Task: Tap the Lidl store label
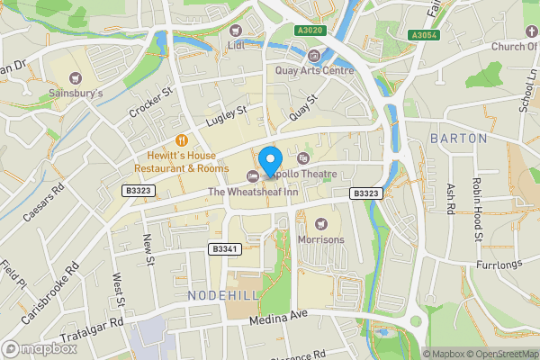237,45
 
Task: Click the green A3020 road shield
310,30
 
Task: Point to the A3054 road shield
424,35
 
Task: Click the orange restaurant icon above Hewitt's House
181,139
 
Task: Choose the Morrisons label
321,239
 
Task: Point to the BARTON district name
458,139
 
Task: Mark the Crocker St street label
149,104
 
